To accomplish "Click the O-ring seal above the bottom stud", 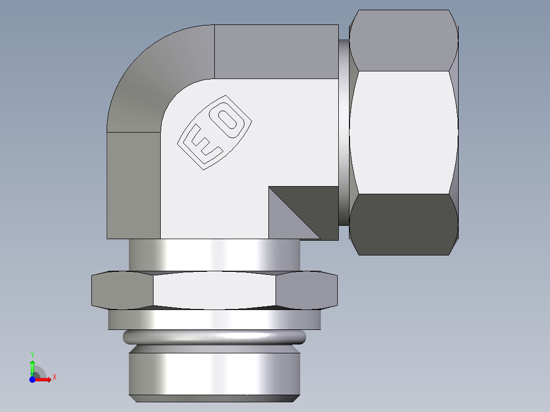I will pyautogui.click(x=214, y=337).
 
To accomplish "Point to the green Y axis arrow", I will pyautogui.click(x=32, y=365).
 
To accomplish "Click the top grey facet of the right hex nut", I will pyautogui.click(x=403, y=41).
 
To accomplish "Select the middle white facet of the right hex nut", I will pyautogui.click(x=403, y=133).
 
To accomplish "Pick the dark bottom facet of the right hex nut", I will pyautogui.click(x=403, y=224).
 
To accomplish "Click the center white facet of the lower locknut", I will pyautogui.click(x=214, y=291).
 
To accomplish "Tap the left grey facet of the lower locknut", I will pyautogui.click(x=122, y=291).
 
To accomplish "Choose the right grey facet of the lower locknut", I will pyautogui.click(x=306, y=291).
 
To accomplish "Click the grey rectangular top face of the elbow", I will pyautogui.click(x=276, y=51).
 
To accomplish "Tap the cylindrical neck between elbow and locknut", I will pyautogui.click(x=214, y=255).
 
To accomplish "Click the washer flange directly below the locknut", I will pyautogui.click(x=214, y=320).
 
